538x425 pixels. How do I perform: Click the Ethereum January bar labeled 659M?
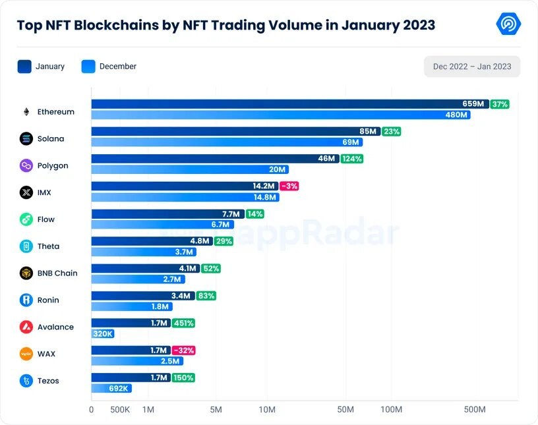click(290, 104)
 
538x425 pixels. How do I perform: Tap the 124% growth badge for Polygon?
click(351, 159)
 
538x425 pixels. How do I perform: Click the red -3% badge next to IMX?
click(289, 186)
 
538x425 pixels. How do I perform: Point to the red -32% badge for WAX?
click(183, 350)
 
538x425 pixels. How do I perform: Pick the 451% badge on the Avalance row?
click(183, 323)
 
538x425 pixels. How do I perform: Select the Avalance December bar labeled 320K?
click(103, 334)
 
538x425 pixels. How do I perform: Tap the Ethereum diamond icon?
click(26, 112)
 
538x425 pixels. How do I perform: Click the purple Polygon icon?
click(26, 166)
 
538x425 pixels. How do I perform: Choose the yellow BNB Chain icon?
click(26, 273)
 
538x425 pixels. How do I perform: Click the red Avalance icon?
click(26, 327)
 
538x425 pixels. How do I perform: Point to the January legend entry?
click(41, 67)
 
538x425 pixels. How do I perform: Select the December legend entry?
click(109, 67)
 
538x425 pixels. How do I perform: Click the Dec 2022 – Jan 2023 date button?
click(471, 67)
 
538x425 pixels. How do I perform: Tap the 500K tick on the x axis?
click(120, 410)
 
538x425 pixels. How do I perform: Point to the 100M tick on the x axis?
click(392, 410)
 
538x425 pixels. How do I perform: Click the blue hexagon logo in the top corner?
click(508, 24)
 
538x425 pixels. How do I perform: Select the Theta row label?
click(48, 246)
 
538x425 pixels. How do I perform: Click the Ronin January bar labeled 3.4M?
click(143, 296)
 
